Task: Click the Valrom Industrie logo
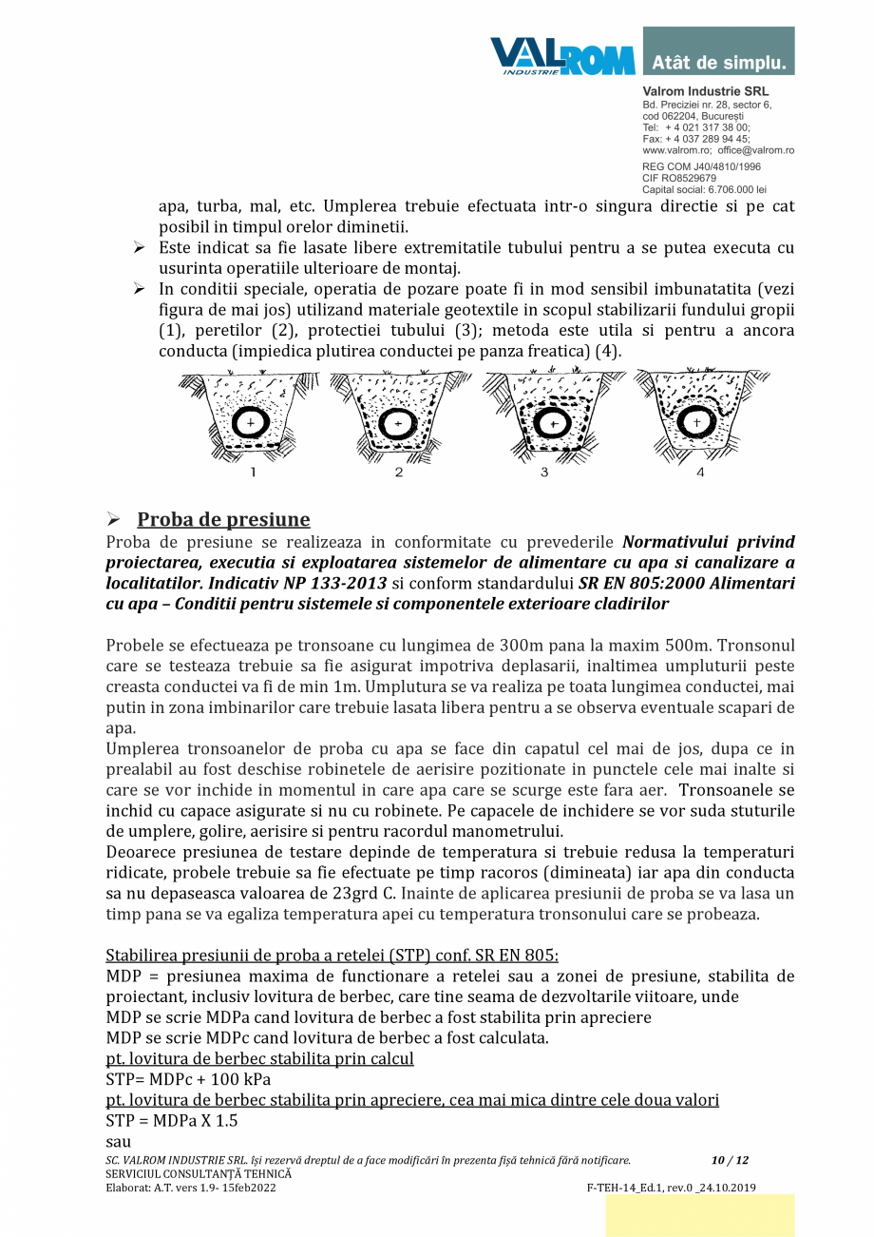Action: pos(562,56)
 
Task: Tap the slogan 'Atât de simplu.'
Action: pos(719,64)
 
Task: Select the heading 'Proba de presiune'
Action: pos(223,519)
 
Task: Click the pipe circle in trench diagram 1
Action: pos(251,422)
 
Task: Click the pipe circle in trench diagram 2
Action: pos(397,422)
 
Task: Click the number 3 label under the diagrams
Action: pos(544,472)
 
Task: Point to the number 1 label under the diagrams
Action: pos(253,472)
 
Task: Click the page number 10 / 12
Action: pos(730,1160)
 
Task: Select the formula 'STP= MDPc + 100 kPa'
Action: pos(188,1079)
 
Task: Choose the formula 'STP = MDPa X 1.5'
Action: pos(172,1120)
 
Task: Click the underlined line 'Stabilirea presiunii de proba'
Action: pos(332,955)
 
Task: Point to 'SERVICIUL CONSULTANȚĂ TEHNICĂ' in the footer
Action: pos(199,1174)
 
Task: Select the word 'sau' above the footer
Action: pos(118,1141)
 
